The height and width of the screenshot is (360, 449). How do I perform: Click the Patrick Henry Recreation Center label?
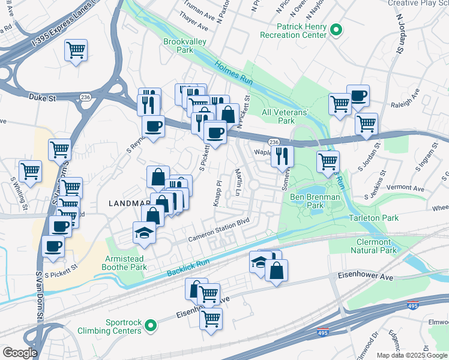[x=293, y=31]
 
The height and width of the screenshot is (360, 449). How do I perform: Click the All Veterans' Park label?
[x=285, y=116]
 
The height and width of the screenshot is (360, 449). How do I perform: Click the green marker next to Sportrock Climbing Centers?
[x=151, y=326]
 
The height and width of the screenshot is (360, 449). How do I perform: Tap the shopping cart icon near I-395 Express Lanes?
[x=76, y=50]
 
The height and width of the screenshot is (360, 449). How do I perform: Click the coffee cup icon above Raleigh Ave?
[x=358, y=95]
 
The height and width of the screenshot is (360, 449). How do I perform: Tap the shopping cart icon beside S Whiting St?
[x=30, y=171]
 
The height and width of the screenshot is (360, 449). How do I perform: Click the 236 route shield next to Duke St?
[x=85, y=97]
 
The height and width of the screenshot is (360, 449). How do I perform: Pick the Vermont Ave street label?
[x=411, y=188]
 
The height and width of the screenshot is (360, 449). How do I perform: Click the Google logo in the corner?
[x=20, y=353]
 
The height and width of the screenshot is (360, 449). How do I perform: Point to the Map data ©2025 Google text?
[x=412, y=355]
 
